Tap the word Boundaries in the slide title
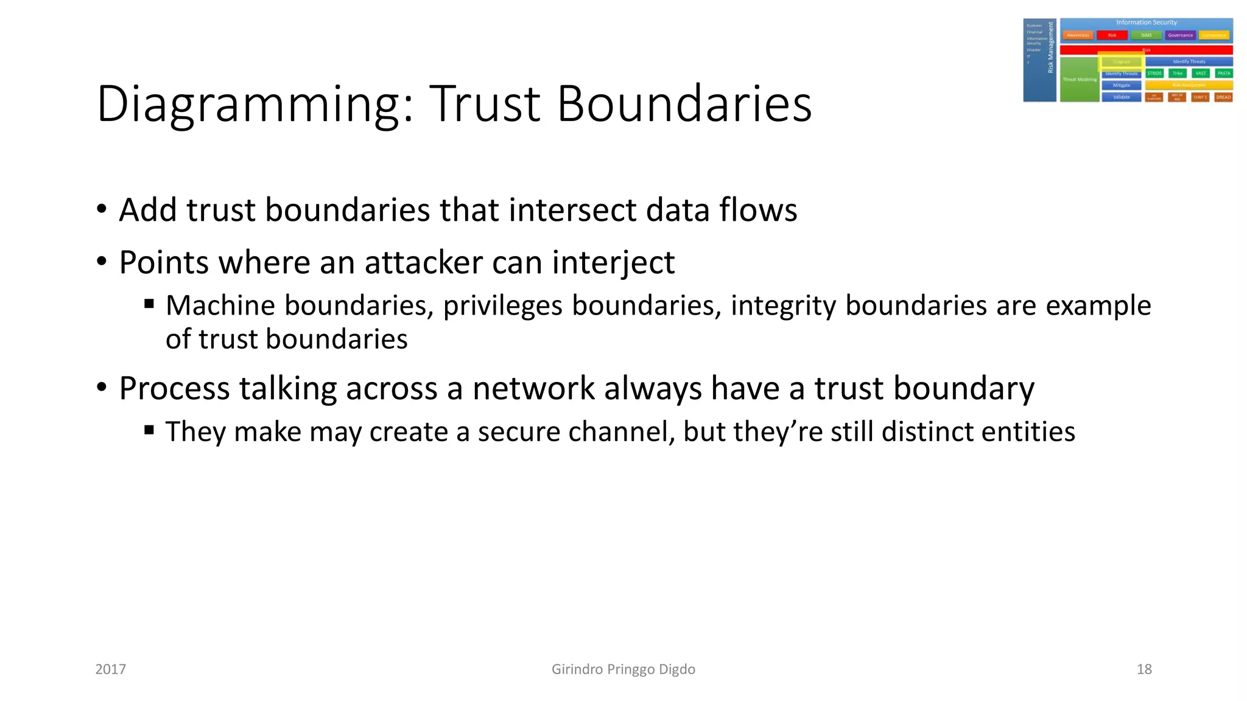(x=684, y=103)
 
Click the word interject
(x=613, y=263)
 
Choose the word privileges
(x=502, y=305)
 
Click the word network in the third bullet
(x=533, y=388)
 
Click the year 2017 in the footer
(x=111, y=669)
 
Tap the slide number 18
(x=1144, y=669)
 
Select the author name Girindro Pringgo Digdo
(x=623, y=669)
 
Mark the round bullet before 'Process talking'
(x=102, y=387)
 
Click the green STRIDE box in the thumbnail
(x=1154, y=73)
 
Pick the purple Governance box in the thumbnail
(x=1180, y=35)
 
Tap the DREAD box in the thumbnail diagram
(x=1223, y=97)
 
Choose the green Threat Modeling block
(x=1079, y=79)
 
